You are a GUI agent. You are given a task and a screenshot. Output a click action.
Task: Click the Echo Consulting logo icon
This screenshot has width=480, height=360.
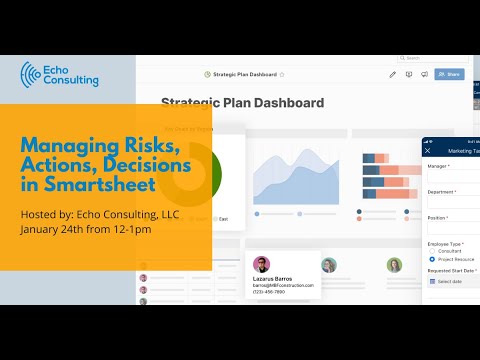32,74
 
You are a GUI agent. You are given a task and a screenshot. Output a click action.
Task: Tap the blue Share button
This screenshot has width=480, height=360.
449,74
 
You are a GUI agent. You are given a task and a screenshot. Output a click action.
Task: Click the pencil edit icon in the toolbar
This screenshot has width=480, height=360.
393,74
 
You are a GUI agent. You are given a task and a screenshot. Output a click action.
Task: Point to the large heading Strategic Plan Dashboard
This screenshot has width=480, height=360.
242,103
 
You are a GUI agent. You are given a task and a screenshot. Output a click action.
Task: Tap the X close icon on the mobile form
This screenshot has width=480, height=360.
430,151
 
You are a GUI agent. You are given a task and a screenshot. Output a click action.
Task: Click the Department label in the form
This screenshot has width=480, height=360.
443,191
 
